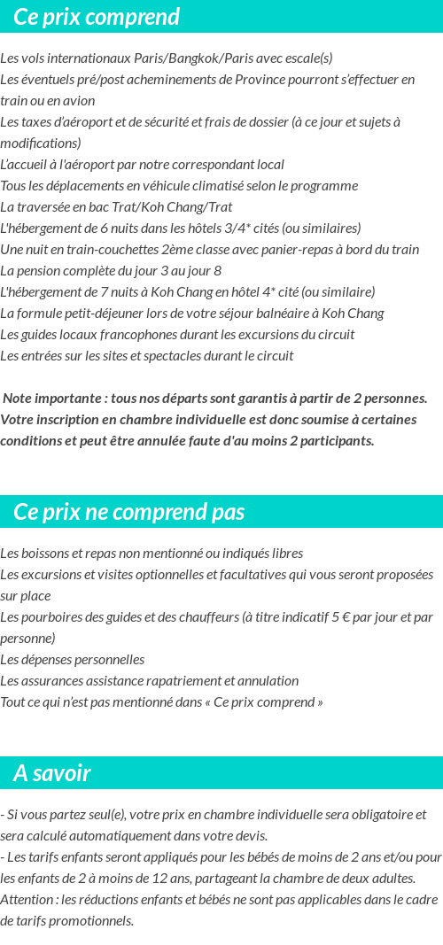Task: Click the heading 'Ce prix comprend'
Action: coord(97,17)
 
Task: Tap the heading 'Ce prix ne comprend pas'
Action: coord(129,512)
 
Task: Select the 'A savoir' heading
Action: coord(52,773)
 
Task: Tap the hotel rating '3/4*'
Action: coord(235,229)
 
